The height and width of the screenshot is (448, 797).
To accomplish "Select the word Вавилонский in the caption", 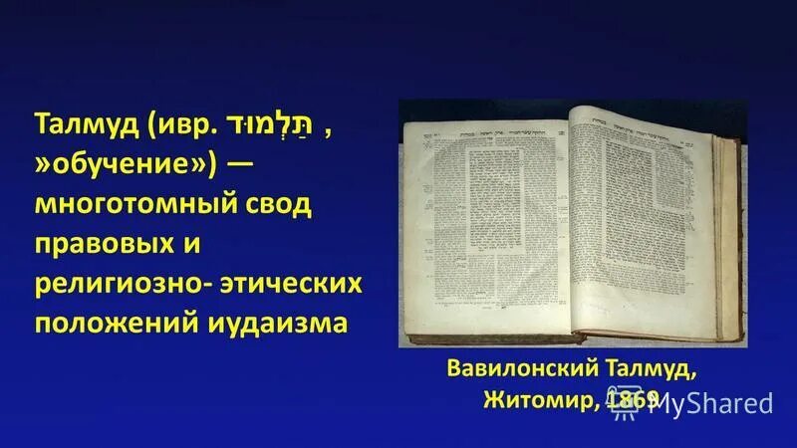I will (x=502, y=371).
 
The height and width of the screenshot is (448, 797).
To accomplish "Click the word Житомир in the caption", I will (x=531, y=400).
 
